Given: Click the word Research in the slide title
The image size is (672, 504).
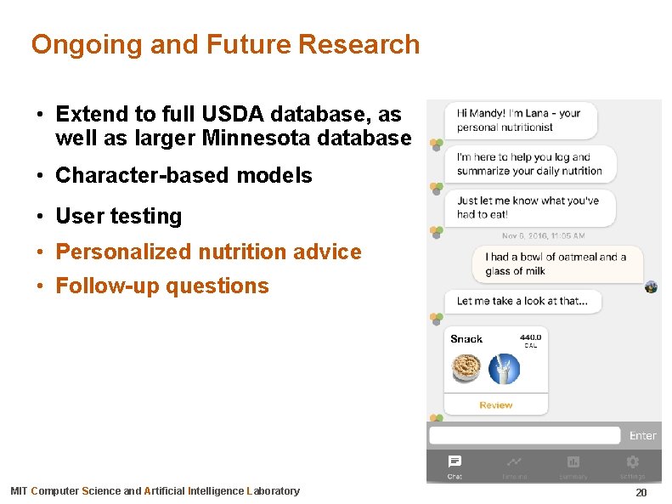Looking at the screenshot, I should [366, 44].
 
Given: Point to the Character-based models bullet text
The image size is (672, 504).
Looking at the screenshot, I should [184, 176].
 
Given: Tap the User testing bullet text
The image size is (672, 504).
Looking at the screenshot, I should [118, 216].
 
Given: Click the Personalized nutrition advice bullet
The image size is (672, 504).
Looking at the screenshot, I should [208, 252].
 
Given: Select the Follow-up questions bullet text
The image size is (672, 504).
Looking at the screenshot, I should [161, 286].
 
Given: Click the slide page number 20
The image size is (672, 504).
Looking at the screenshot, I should [641, 493].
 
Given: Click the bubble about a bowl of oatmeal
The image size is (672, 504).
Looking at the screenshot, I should [556, 264].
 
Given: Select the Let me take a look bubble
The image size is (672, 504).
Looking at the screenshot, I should [522, 301].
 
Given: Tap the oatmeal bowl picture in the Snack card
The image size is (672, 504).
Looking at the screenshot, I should [465, 369].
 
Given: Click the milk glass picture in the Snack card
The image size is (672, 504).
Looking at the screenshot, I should [505, 369].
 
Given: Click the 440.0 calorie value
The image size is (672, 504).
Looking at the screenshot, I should [530, 337].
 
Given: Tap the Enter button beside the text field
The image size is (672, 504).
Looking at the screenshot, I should [642, 436].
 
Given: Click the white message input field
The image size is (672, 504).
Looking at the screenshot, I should [524, 435].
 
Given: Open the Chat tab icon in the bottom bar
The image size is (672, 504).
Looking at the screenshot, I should [455, 462].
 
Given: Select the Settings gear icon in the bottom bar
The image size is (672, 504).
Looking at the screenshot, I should [632, 462].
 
